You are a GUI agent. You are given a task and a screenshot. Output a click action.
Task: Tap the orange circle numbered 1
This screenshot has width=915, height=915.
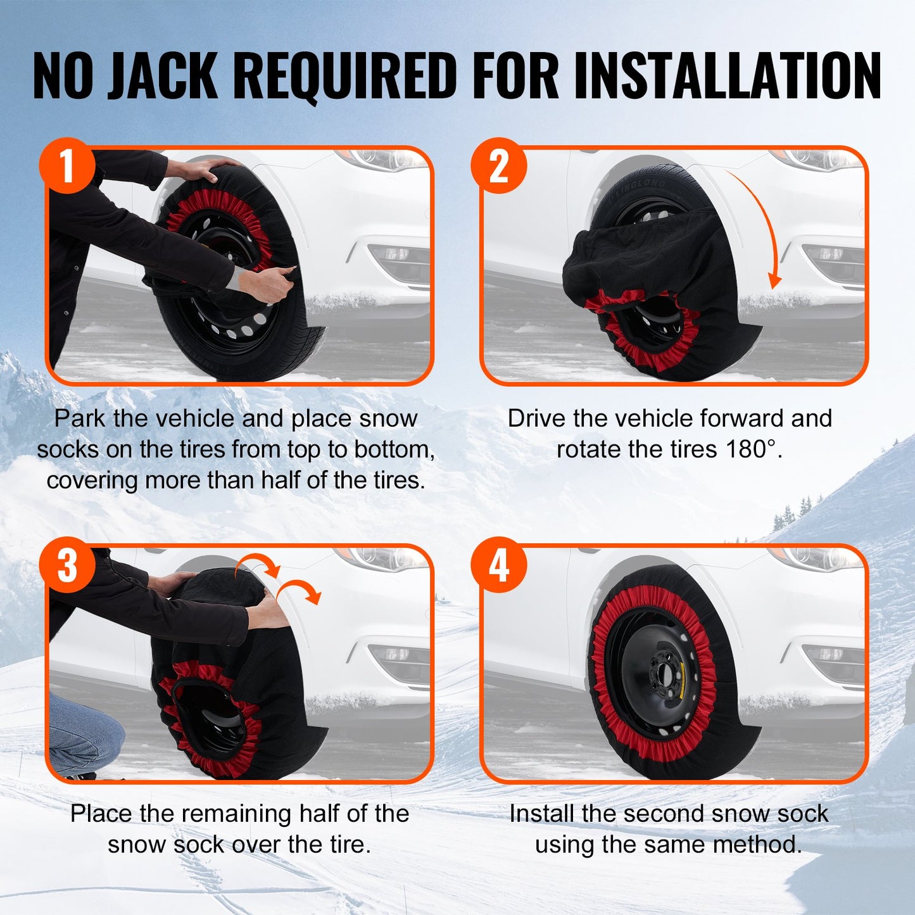(67, 167)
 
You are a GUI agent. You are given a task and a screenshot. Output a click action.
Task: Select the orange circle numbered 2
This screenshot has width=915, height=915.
(499, 167)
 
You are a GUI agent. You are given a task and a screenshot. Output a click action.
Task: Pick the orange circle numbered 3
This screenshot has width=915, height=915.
(67, 565)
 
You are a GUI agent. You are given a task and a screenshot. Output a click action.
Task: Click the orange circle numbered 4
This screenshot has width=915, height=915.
(499, 565)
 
